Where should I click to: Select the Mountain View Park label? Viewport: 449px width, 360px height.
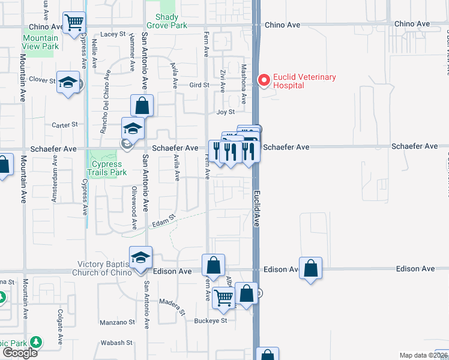click(x=40, y=42)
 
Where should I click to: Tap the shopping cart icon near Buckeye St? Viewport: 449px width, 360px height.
click(x=223, y=297)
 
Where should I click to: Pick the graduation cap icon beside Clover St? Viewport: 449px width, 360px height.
click(x=69, y=83)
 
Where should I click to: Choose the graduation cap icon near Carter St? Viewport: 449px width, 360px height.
click(x=133, y=128)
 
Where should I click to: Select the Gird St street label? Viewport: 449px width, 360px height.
click(x=199, y=85)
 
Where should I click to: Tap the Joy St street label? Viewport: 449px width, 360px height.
click(x=225, y=112)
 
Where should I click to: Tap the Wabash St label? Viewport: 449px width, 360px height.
click(x=120, y=343)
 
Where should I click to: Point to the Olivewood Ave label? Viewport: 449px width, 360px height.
click(x=134, y=208)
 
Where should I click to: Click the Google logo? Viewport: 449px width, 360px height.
click(x=20, y=353)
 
